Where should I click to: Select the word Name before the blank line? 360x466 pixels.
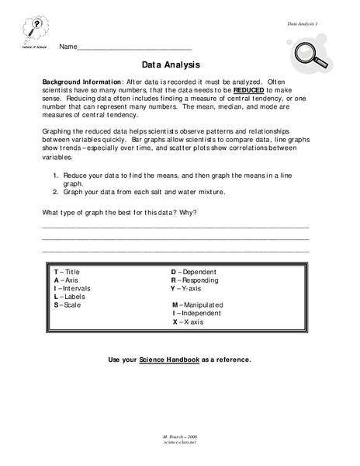pyautogui.click(x=67, y=47)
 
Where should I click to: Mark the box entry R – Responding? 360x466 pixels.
pyautogui.click(x=197, y=280)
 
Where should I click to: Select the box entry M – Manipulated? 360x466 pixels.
pyautogui.click(x=199, y=305)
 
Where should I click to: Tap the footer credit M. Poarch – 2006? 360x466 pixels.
pyautogui.click(x=180, y=451)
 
